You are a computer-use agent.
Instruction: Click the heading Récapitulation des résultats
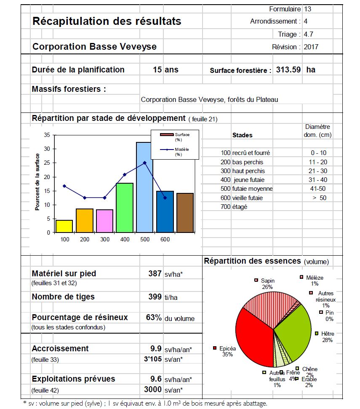tap(107, 21)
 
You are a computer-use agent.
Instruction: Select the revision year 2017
tap(311, 47)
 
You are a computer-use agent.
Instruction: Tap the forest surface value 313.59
tap(288, 70)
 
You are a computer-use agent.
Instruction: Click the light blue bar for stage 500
tap(144, 187)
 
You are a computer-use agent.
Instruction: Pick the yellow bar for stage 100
tap(64, 226)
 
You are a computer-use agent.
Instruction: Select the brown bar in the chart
tap(185, 213)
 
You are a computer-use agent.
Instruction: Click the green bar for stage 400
tap(125, 208)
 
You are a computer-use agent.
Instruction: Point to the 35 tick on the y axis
tap(47, 135)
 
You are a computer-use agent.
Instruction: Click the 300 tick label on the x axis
tap(104, 239)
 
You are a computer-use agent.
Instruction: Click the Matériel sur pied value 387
tap(155, 273)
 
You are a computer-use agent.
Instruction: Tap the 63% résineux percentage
tap(154, 318)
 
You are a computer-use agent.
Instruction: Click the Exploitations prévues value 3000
tap(153, 390)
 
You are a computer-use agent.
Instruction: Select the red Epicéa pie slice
tap(253, 337)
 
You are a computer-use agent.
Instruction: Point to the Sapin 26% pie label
tap(267, 283)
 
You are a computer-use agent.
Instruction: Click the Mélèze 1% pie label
tap(315, 281)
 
